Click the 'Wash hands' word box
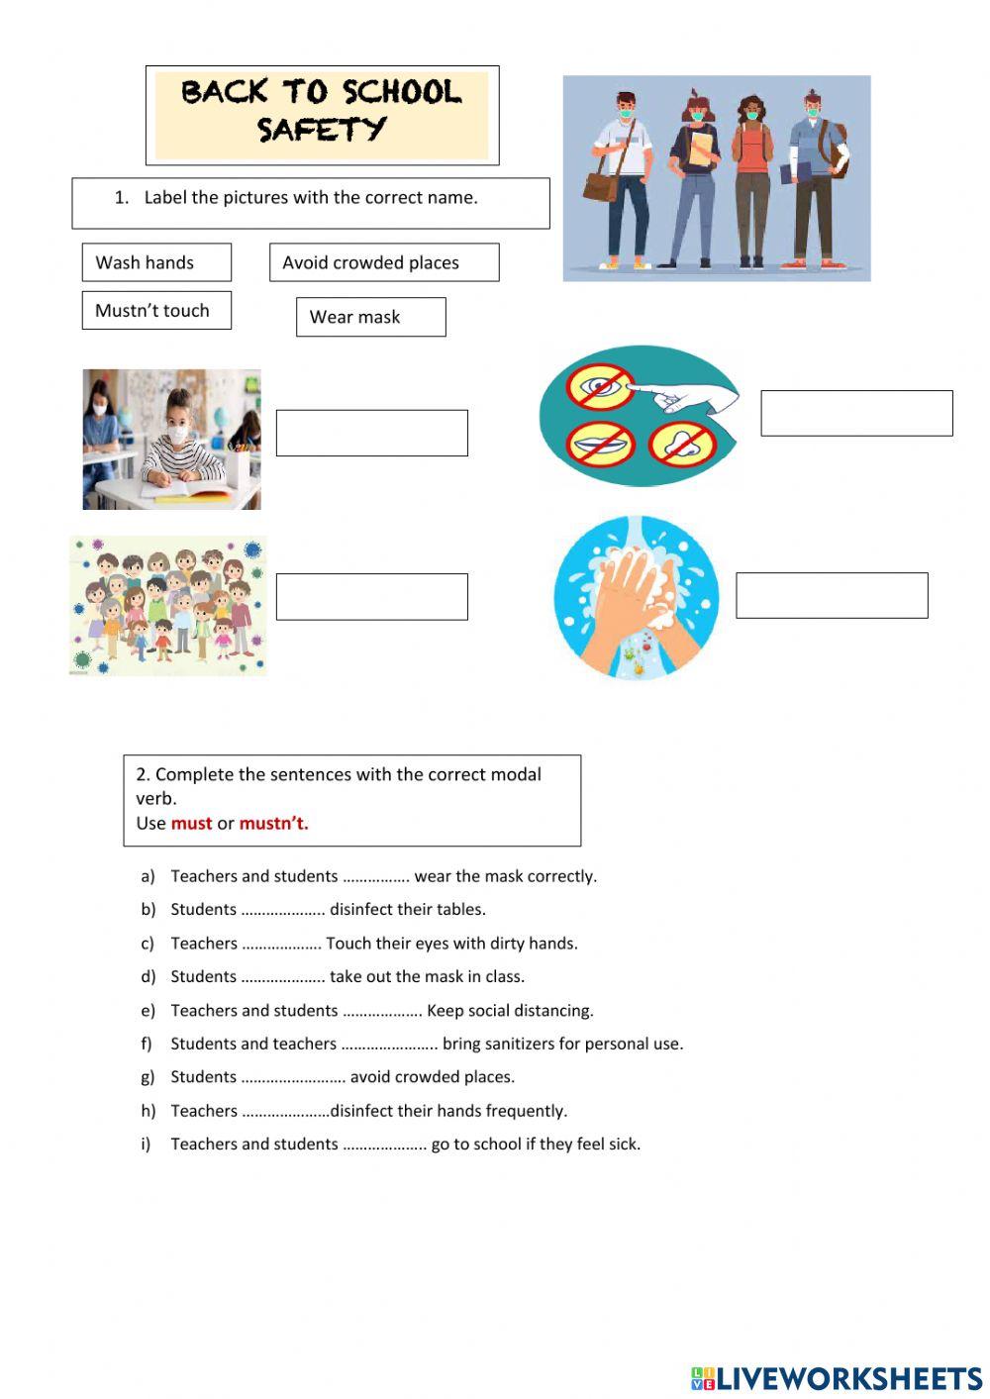(156, 262)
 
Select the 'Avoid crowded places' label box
(384, 262)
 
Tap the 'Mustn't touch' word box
(156, 310)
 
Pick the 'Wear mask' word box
(370, 317)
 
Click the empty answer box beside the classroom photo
(371, 433)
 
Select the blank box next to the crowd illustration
(371, 597)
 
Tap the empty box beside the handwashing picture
(832, 595)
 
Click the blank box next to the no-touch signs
(856, 413)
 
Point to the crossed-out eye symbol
(600, 385)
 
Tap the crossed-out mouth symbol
(600, 444)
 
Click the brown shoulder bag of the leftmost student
(601, 184)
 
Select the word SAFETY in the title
(322, 130)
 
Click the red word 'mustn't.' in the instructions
(273, 823)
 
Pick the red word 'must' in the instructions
(191, 823)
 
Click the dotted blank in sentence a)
(376, 877)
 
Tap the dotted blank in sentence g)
(293, 1078)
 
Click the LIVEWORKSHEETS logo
(837, 1377)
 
